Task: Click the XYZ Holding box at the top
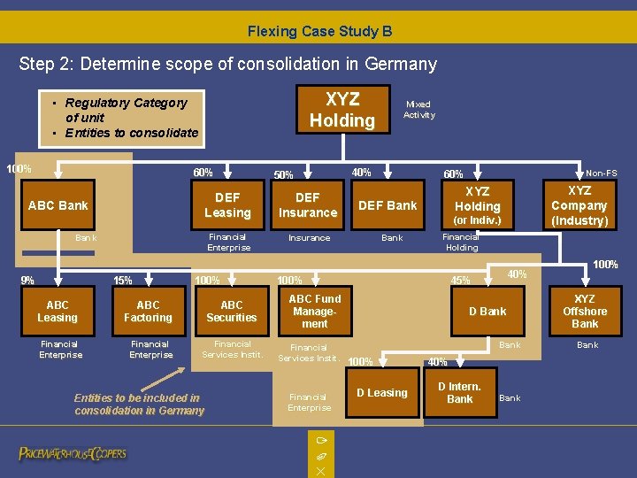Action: click(342, 110)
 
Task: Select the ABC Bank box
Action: click(58, 205)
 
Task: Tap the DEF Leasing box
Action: click(227, 205)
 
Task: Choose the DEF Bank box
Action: click(388, 205)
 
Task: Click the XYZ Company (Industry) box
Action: click(579, 205)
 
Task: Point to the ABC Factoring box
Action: click(149, 312)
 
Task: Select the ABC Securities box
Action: click(231, 312)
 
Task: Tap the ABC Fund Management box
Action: click(315, 312)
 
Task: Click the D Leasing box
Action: click(382, 393)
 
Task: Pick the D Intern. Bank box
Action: click(459, 393)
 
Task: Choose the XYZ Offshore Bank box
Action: click(585, 312)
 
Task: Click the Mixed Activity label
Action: click(419, 110)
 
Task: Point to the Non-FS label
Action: click(602, 173)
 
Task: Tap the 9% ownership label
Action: click(27, 281)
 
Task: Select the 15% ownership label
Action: click(123, 281)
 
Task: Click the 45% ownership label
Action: click(460, 281)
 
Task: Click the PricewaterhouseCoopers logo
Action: click(73, 454)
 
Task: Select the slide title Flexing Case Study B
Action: click(319, 32)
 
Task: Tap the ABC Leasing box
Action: click(58, 312)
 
